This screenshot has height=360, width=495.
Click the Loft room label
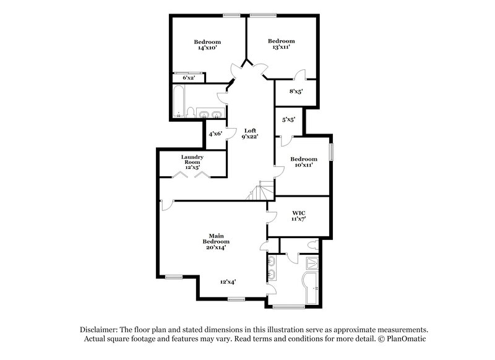tap(251, 131)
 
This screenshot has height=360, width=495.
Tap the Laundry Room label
tap(192, 160)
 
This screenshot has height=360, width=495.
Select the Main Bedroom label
tap(216, 239)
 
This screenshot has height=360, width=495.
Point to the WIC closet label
tap(299, 213)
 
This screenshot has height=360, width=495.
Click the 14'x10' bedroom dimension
tap(207, 48)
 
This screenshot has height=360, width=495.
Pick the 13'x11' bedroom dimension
tap(282, 47)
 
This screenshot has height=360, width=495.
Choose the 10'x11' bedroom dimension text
tap(304, 165)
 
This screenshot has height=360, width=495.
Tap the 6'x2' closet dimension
tap(189, 77)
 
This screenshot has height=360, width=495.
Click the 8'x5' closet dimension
tap(296, 92)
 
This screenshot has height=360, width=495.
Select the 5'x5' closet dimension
tap(288, 120)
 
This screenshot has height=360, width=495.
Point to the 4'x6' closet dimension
tap(215, 134)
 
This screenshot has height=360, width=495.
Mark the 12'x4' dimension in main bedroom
tap(228, 282)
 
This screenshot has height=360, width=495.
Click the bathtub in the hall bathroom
tap(179, 101)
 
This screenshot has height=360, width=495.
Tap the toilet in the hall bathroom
tap(191, 113)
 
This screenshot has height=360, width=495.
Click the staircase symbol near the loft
tap(259, 191)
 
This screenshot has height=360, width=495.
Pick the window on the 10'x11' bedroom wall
tap(332, 152)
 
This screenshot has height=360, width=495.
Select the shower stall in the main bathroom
tap(312, 262)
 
